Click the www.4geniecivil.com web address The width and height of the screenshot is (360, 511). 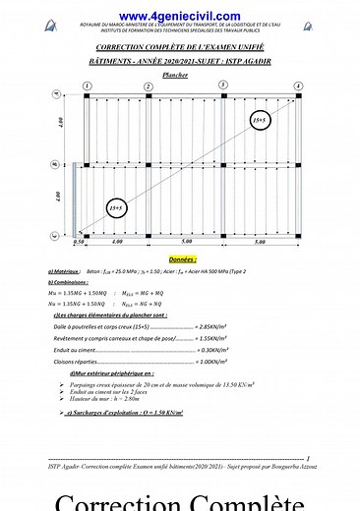pyautogui.click(x=179, y=17)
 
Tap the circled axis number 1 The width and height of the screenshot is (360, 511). pyautogui.click(x=89, y=87)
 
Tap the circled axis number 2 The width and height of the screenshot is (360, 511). pyautogui.click(x=149, y=87)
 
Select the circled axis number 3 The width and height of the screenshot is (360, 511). pyautogui.click(x=223, y=86)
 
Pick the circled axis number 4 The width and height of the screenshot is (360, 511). pyautogui.click(x=298, y=87)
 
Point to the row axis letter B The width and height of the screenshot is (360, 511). pyautogui.click(x=56, y=164)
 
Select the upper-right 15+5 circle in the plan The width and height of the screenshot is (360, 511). pyautogui.click(x=259, y=121)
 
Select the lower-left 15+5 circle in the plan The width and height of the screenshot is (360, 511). pyautogui.click(x=115, y=208)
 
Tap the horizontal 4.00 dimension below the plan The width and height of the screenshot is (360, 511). pyautogui.click(x=116, y=242)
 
